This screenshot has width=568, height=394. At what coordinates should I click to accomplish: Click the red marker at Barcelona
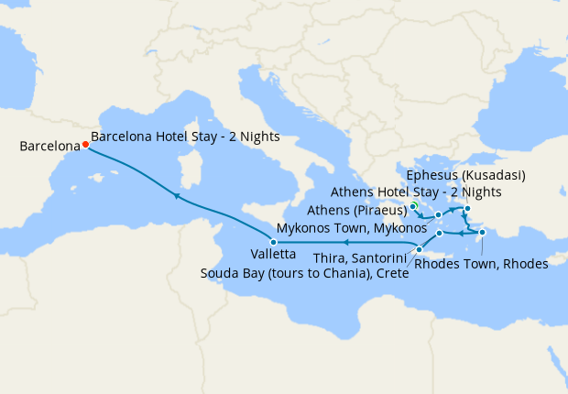coord(85,144)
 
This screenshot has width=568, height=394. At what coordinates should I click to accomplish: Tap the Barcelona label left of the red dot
coord(48,145)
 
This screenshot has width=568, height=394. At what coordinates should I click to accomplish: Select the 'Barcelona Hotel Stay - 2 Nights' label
coord(185,137)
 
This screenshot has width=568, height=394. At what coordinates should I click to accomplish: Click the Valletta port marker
coord(273,241)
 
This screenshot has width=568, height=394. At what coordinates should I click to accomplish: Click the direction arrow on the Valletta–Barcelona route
coord(176,196)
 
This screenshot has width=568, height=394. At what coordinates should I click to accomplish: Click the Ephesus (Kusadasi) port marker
coord(467,209)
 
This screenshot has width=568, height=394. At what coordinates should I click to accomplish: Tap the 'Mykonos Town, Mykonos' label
coord(353,226)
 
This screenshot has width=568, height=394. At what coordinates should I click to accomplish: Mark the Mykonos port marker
coord(439,215)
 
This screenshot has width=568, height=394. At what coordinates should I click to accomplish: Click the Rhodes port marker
coord(483,233)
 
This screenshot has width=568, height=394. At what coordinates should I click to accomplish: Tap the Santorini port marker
coord(440,233)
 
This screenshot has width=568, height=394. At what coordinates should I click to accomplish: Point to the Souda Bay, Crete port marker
coord(418,249)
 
